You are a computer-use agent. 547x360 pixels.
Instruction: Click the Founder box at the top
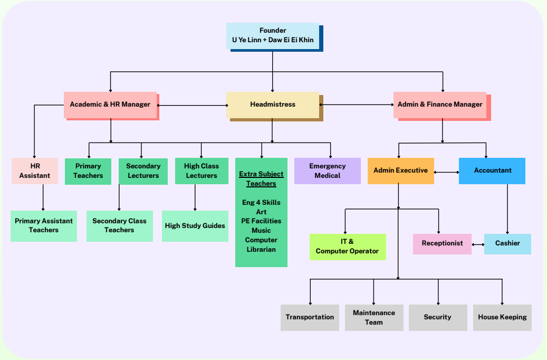272,35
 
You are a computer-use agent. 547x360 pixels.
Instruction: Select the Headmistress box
273,105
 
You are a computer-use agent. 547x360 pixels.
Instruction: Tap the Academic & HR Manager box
110,105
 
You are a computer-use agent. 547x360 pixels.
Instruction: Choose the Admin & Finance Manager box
440,105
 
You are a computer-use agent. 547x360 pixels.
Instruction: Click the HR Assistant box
35,170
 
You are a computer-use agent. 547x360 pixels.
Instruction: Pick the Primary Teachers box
88,171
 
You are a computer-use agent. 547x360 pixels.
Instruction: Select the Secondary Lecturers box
143,171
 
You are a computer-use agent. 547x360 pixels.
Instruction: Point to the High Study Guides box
195,226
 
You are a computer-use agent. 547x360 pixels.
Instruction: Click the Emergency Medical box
327,170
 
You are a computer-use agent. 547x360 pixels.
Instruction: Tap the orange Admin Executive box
400,170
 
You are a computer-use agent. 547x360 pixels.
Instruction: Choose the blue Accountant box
492,170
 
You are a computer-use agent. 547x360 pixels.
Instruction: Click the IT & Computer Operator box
347,247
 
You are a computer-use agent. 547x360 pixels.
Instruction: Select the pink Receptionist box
442,243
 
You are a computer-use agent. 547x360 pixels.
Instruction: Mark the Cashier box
507,243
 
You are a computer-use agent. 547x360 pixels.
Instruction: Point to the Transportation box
310,317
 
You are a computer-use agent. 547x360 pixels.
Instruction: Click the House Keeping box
502,317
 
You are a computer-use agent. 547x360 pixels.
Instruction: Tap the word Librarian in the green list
261,249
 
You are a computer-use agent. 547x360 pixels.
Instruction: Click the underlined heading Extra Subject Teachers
261,178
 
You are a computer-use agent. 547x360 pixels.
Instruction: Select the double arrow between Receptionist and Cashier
478,244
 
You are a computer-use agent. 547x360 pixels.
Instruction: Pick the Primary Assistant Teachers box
44,225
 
